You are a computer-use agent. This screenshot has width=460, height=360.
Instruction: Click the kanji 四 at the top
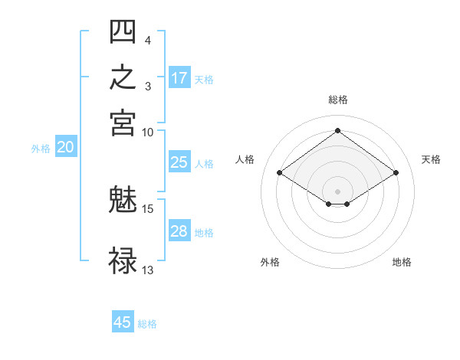pyautogui.click(x=123, y=31)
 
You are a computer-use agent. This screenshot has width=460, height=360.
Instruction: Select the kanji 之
pyautogui.click(x=123, y=77)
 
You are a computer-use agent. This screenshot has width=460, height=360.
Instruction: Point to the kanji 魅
pyautogui.click(x=123, y=198)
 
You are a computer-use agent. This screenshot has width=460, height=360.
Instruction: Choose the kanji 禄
pyautogui.click(x=123, y=260)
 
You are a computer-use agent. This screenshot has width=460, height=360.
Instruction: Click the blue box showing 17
pyautogui.click(x=179, y=77)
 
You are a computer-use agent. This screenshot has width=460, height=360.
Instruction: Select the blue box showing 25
pyautogui.click(x=179, y=162)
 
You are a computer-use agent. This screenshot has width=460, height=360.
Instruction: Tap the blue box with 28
pyautogui.click(x=179, y=230)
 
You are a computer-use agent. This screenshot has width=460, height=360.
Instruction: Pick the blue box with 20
pyautogui.click(x=66, y=146)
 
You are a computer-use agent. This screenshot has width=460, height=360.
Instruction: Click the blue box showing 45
pyautogui.click(x=123, y=321)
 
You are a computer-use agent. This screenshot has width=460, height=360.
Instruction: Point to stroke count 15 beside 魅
pyautogui.click(x=147, y=209)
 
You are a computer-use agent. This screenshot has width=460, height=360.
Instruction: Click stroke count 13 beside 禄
pyautogui.click(x=147, y=270)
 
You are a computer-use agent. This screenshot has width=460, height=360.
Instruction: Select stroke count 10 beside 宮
pyautogui.click(x=147, y=133)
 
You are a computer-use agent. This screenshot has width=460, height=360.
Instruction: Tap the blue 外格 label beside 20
pyautogui.click(x=41, y=149)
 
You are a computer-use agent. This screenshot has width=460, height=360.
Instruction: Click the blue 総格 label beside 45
pyautogui.click(x=147, y=324)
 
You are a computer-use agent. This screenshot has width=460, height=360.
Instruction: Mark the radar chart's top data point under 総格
pyautogui.click(x=337, y=130)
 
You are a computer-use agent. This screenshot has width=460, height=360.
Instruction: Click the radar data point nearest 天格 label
pyautogui.click(x=396, y=172)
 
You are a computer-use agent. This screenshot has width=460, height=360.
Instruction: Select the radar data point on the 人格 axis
pyautogui.click(x=280, y=172)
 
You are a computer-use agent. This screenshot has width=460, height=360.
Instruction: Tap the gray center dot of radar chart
pyautogui.click(x=337, y=191)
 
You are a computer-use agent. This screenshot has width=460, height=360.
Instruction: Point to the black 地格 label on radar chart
pyautogui.click(x=402, y=262)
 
